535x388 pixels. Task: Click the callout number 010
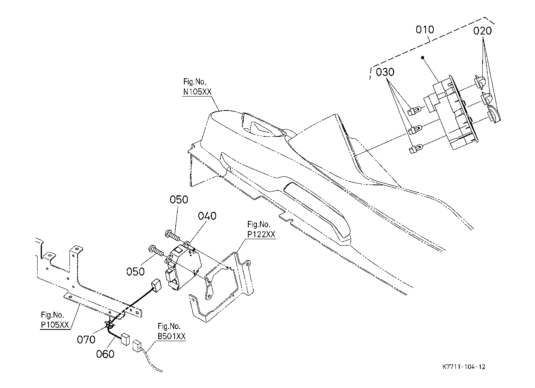(x=425, y=29)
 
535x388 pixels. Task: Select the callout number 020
(x=483, y=31)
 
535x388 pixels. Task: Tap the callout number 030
(x=385, y=72)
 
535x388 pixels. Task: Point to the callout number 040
(x=207, y=216)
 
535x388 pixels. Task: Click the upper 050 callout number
(x=179, y=200)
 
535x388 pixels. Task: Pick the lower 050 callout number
(x=135, y=272)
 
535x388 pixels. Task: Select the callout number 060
(x=105, y=354)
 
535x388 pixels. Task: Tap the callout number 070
(x=86, y=340)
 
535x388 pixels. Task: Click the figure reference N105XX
(x=197, y=91)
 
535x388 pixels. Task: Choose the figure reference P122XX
(x=261, y=235)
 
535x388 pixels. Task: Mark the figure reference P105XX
(x=55, y=325)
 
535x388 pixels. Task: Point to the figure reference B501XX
(x=171, y=336)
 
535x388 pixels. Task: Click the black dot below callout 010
(x=422, y=57)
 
